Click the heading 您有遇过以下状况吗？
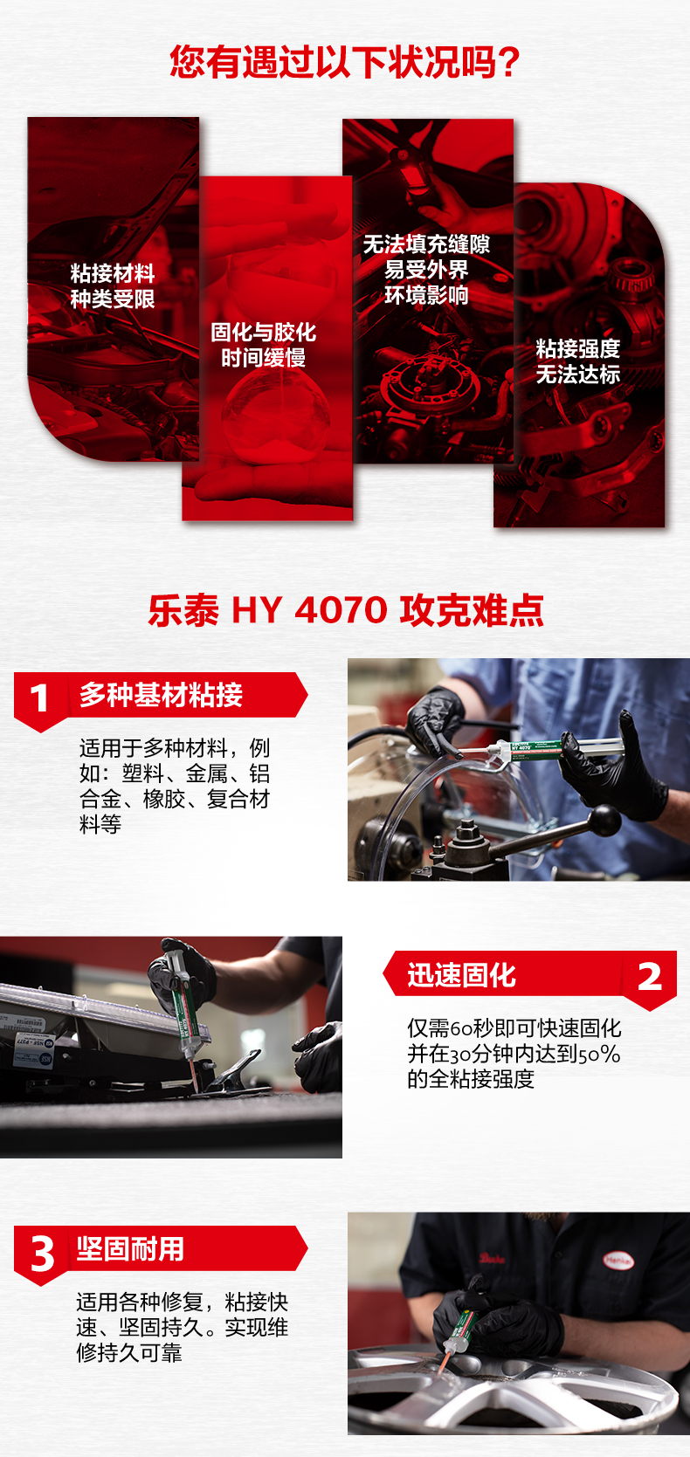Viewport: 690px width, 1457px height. coord(344,62)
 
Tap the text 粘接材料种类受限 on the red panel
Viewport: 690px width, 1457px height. coord(113,285)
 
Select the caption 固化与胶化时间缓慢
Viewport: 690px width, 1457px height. coord(263,345)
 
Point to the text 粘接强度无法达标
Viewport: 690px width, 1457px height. coord(577,361)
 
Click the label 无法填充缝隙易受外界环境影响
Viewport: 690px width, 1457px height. coord(426,269)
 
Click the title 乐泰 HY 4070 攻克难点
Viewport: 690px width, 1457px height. coord(346,610)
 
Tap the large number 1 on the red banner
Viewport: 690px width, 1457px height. coord(39,698)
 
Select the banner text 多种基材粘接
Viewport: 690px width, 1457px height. coord(161,695)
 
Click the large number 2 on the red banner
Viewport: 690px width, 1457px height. coord(650,977)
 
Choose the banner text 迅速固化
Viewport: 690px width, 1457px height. coord(461,975)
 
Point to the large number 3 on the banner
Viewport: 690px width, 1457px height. coord(43,1253)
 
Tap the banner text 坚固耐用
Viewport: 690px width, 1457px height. coord(130,1249)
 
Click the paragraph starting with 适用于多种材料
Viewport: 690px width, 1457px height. coord(175,786)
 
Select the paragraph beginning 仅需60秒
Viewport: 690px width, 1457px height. coord(514,1053)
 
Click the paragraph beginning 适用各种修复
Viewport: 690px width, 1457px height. coord(183,1327)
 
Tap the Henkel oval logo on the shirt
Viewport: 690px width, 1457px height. coord(618,1261)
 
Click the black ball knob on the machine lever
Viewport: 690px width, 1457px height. coord(604,820)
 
